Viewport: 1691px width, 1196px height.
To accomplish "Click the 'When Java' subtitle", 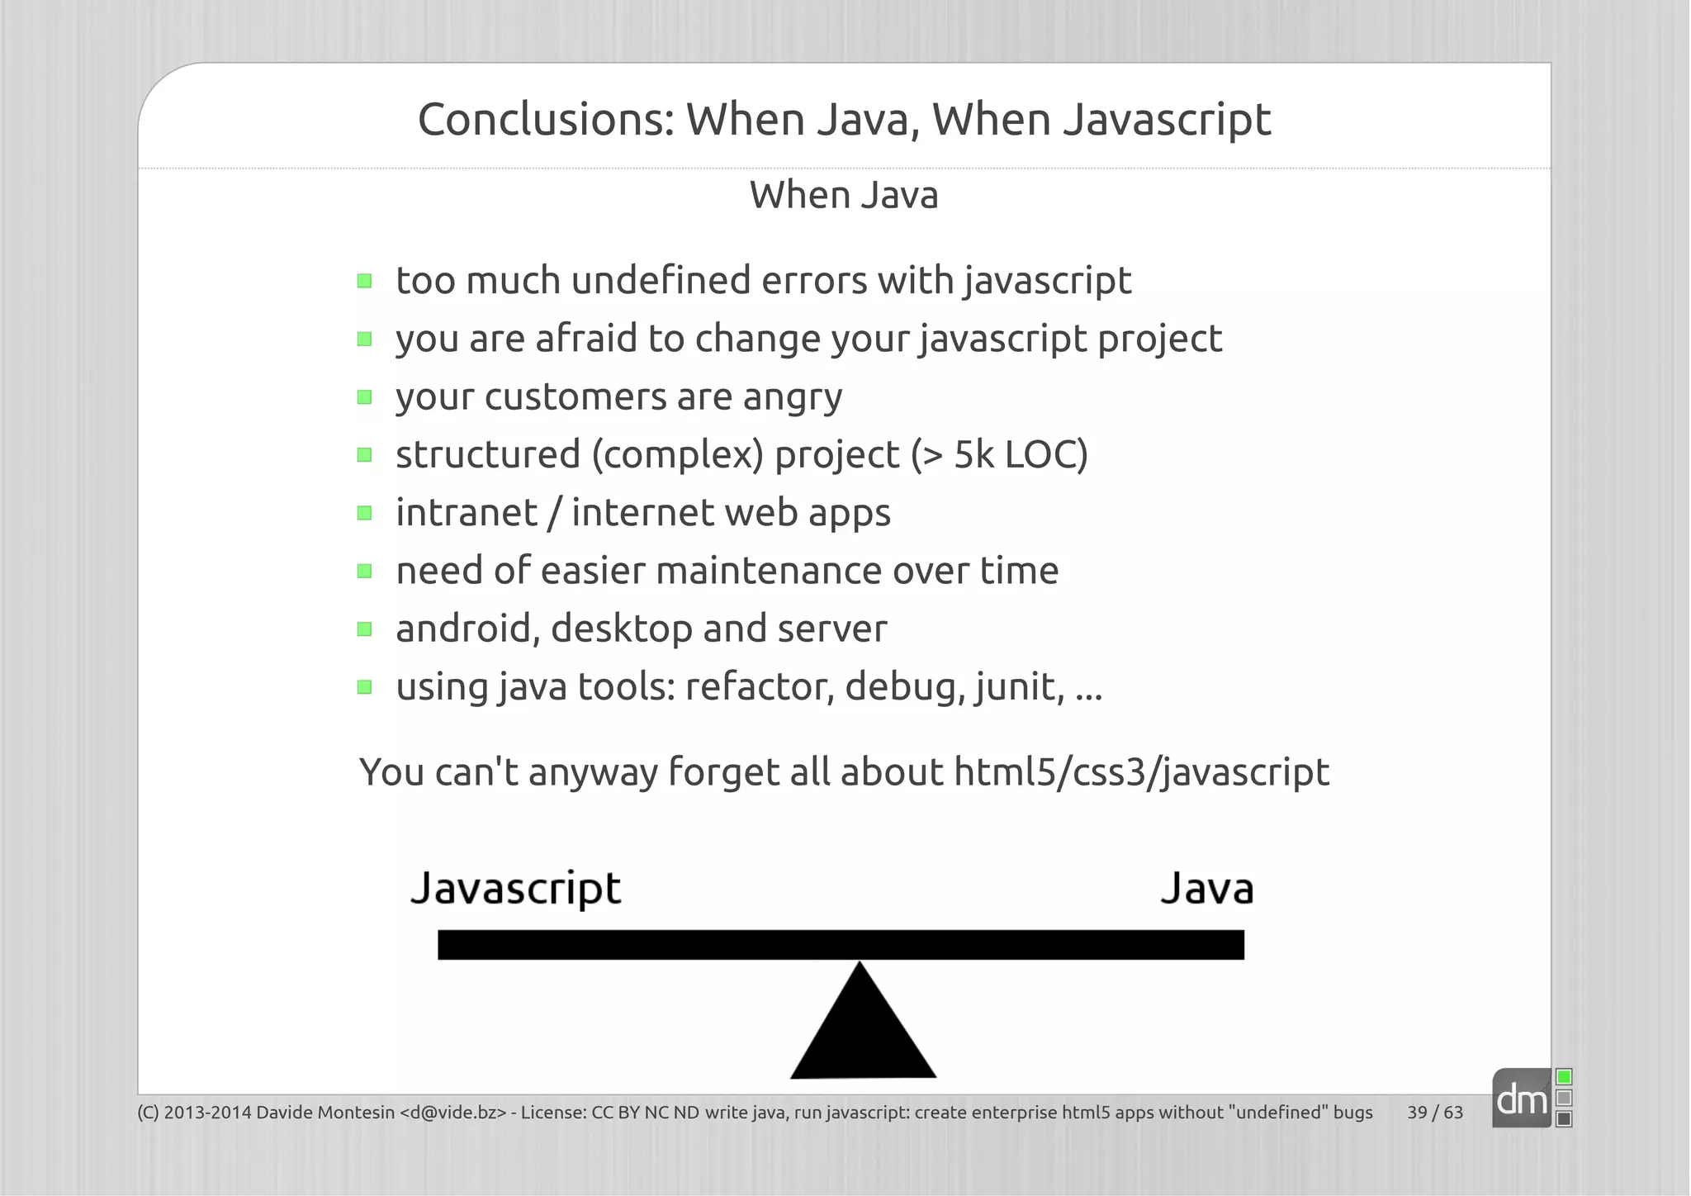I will (844, 196).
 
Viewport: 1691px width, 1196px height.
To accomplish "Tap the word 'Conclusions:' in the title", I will (546, 120).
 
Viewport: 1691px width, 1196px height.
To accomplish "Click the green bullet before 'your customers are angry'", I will (365, 397).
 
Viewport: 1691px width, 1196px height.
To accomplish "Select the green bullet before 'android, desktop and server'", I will (365, 629).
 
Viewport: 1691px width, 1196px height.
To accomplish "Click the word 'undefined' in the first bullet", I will (661, 280).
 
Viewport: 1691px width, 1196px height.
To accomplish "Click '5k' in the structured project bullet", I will (973, 454).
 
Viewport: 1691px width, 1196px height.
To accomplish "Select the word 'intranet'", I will (467, 513).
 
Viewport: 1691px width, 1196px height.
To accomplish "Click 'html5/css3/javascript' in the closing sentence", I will (1141, 773).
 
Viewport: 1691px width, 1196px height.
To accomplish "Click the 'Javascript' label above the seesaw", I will (515, 890).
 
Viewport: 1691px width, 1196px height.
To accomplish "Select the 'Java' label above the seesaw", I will (1206, 890).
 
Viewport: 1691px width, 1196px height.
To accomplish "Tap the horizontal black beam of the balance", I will (841, 945).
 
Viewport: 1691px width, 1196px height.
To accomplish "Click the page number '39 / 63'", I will (1435, 1113).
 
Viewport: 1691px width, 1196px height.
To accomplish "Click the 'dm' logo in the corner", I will (1522, 1099).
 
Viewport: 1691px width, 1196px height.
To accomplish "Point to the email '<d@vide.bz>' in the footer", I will (452, 1113).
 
